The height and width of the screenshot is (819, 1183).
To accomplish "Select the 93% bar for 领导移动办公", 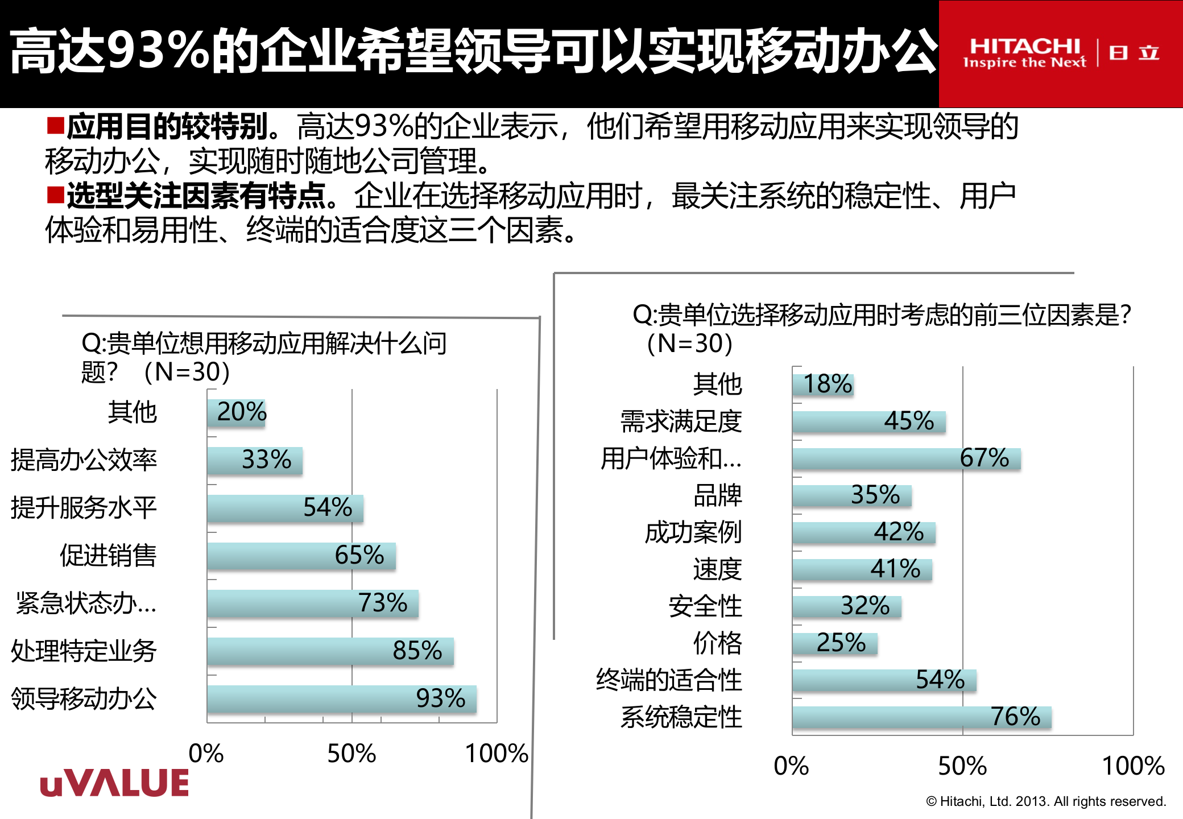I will coord(341,698).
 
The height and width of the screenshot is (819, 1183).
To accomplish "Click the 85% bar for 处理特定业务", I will coord(330,651).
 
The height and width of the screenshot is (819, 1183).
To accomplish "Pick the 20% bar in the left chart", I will coord(236,412).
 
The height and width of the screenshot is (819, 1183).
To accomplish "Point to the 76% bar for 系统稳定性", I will coord(921,717).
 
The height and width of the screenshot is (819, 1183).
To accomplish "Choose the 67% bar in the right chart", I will coord(906,458).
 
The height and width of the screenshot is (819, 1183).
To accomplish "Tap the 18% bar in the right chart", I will coord(823,384).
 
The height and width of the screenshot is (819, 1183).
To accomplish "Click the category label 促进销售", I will coord(108,555).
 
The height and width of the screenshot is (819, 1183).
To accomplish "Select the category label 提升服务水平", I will coord(84,507).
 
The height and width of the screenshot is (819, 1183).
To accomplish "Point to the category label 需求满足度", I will coord(681,421).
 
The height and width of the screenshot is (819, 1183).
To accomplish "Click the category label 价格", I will coord(718,643).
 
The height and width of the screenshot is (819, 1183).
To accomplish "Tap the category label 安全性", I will coord(705,606).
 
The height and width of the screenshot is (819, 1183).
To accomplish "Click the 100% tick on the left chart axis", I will coord(497,753).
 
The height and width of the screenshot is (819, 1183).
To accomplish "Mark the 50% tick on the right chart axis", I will coord(962,766).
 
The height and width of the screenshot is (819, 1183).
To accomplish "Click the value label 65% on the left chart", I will coord(359,555).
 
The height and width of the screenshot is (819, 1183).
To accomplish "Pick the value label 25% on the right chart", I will coord(841,643).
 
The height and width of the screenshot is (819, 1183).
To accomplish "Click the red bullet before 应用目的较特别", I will coord(55,125).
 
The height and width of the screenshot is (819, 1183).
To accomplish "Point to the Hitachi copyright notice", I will coord(1046,801).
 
